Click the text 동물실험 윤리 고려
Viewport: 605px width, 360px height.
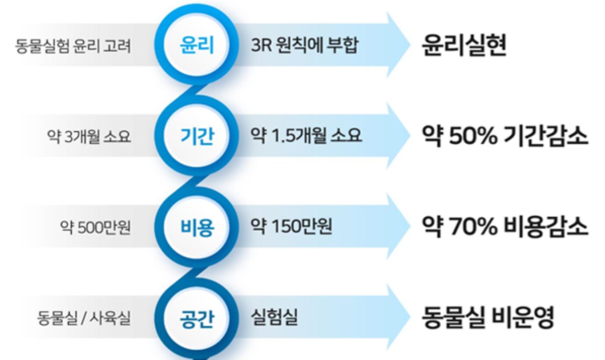click(x=73, y=46)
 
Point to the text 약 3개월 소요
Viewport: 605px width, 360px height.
click(x=89, y=137)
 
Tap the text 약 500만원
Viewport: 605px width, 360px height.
click(x=95, y=227)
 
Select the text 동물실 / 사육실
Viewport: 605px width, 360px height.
click(x=84, y=318)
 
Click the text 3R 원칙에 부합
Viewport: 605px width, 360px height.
click(x=305, y=45)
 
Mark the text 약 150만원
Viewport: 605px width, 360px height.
click(x=291, y=226)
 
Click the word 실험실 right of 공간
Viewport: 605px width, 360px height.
click(x=274, y=317)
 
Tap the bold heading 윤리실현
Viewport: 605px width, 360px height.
click(x=464, y=45)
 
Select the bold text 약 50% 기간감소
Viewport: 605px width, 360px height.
click(x=505, y=136)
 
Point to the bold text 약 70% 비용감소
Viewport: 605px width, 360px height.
click(x=505, y=227)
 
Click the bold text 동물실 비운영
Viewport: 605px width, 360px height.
click(x=488, y=318)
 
